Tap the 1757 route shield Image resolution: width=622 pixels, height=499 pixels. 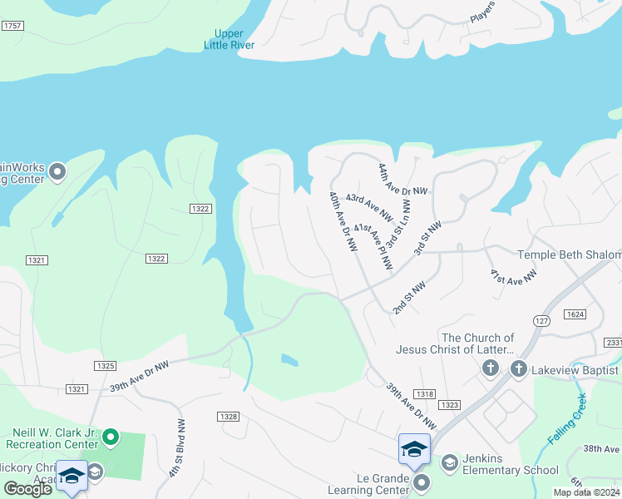(12, 27)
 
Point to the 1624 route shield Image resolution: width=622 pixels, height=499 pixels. (575, 314)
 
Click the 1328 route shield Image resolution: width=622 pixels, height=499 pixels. (230, 416)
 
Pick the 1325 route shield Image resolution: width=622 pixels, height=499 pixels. (105, 366)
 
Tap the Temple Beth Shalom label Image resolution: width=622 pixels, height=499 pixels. (569, 254)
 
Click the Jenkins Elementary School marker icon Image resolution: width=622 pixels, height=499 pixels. (449, 462)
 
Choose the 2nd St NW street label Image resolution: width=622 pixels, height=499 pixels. (409, 297)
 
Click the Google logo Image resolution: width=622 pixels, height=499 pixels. (27, 489)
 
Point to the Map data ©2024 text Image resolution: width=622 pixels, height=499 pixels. (587, 492)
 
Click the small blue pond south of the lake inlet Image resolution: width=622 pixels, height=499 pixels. (289, 360)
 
